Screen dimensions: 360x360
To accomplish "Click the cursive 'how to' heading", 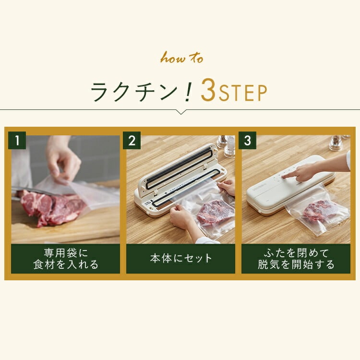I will point(181,59).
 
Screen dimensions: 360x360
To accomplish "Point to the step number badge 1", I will point(17,141).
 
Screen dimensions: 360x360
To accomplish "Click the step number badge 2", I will point(132,141).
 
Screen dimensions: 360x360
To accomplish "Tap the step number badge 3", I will point(247,141).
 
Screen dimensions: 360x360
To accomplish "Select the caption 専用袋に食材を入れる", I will point(65,258).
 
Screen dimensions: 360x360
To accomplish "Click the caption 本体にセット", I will point(180,258).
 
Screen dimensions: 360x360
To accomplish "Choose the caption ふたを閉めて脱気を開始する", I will point(296,258).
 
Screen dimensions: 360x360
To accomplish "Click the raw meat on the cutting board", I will point(50,206).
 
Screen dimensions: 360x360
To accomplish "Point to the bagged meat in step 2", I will point(214,211).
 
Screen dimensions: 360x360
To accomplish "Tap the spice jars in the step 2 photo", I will point(226,144).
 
